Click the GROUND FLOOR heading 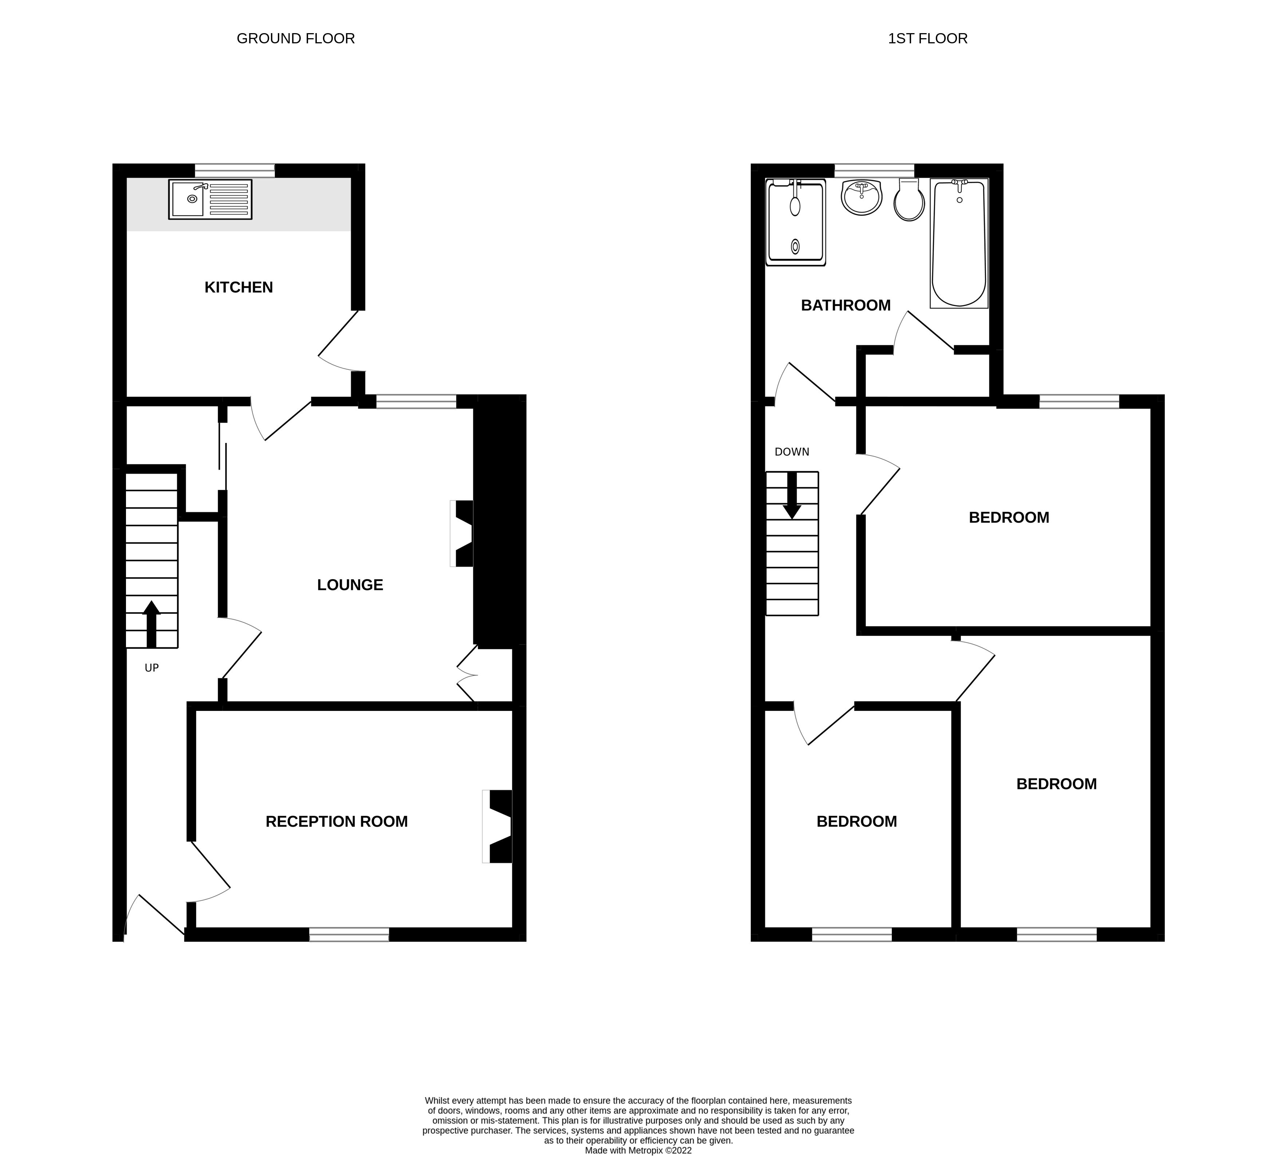(295, 39)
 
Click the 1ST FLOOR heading (927, 39)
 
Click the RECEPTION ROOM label (336, 822)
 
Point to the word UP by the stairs (151, 668)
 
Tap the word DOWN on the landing (792, 452)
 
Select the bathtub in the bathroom (959, 243)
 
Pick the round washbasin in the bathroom (862, 197)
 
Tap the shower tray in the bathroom (796, 222)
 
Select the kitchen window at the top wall (234, 170)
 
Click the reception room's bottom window (349, 934)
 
